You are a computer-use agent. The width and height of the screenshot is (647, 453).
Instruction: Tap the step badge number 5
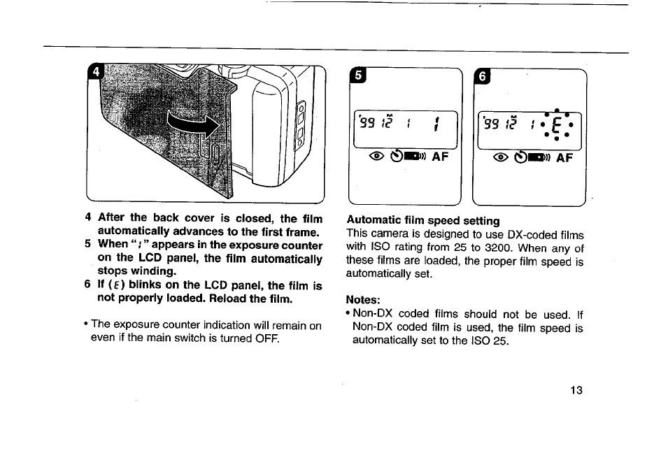coord(357,76)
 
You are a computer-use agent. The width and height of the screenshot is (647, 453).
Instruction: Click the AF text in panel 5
coord(439,157)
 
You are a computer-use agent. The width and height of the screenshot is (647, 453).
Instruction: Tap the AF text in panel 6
coord(563,157)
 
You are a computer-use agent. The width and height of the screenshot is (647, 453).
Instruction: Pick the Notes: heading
coord(362,301)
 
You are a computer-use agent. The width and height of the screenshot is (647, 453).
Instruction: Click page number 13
coord(576,390)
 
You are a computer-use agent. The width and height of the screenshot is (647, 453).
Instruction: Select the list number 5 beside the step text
coord(87,245)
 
